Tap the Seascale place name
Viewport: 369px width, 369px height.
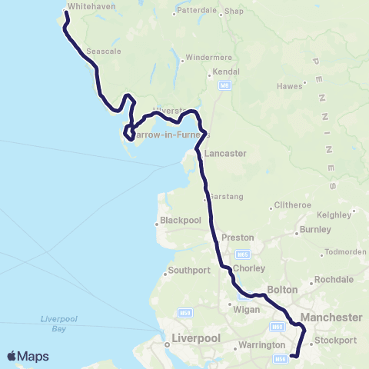pos(101,51)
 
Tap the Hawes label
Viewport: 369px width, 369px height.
pos(289,86)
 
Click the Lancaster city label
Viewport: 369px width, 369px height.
pos(224,153)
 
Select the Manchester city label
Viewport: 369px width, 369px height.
pos(331,317)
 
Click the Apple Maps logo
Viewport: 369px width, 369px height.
pos(28,356)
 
